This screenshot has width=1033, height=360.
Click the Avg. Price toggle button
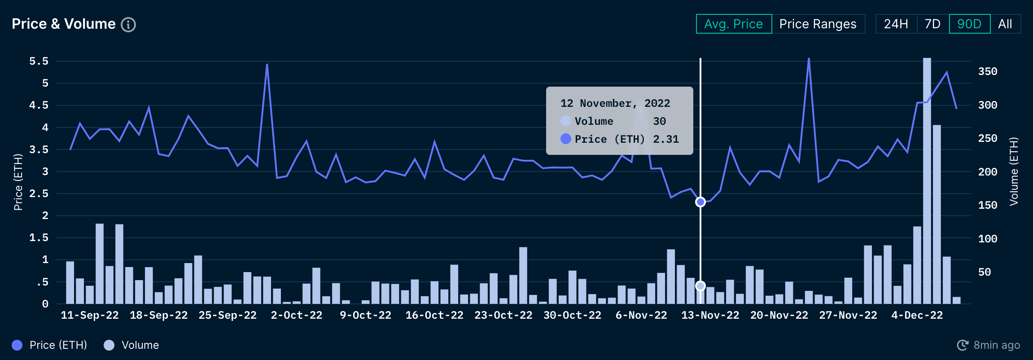click(x=734, y=24)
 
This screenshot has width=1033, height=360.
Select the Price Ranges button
click(x=818, y=24)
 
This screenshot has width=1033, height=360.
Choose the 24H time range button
click(x=896, y=24)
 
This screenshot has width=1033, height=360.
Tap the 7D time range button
click(x=932, y=24)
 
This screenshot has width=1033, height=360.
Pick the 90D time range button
click(x=969, y=24)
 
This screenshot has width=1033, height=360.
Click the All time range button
click(x=1005, y=24)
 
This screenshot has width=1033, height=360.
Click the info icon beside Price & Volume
click(x=128, y=25)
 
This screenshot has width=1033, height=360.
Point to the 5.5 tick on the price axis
click(x=39, y=61)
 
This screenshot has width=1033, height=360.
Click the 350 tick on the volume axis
click(x=988, y=71)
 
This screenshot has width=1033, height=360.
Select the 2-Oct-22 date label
click(x=297, y=315)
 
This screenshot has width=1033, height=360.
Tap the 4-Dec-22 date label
click(x=917, y=315)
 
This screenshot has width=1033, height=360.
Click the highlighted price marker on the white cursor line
click(x=700, y=202)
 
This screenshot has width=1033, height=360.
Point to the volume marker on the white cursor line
click(x=700, y=286)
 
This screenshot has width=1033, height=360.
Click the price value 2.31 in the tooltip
click(x=666, y=139)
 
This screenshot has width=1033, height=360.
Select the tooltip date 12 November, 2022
click(x=615, y=103)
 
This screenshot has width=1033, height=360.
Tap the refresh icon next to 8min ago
click(x=963, y=345)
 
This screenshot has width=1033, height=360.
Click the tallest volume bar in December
click(x=927, y=180)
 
